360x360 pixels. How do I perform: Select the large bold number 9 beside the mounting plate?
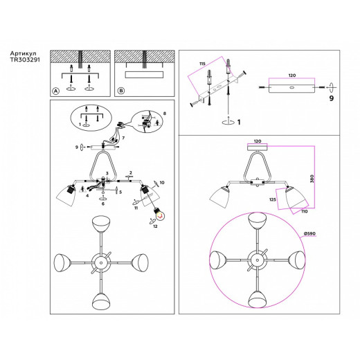(x=331, y=99)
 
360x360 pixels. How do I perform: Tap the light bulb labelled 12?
(x=157, y=212)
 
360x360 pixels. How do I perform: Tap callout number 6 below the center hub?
(x=103, y=204)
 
